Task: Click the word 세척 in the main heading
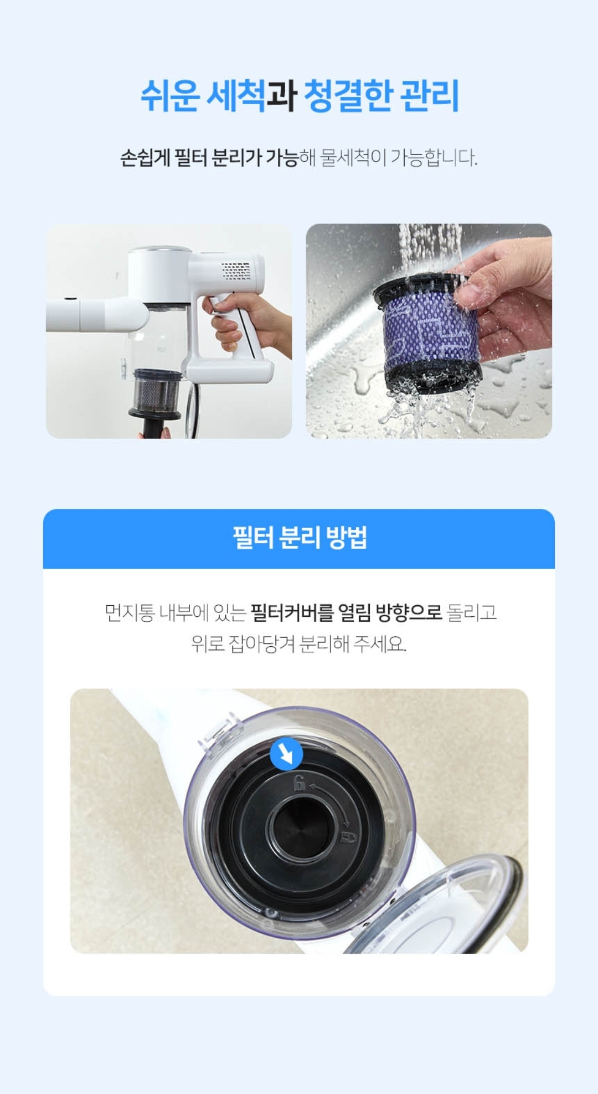[x=236, y=96]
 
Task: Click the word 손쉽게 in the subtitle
[x=145, y=158]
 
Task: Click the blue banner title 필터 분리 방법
[x=299, y=538]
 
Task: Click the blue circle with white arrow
[x=286, y=754]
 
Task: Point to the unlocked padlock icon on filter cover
[x=300, y=783]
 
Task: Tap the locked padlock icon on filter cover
[x=348, y=836]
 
